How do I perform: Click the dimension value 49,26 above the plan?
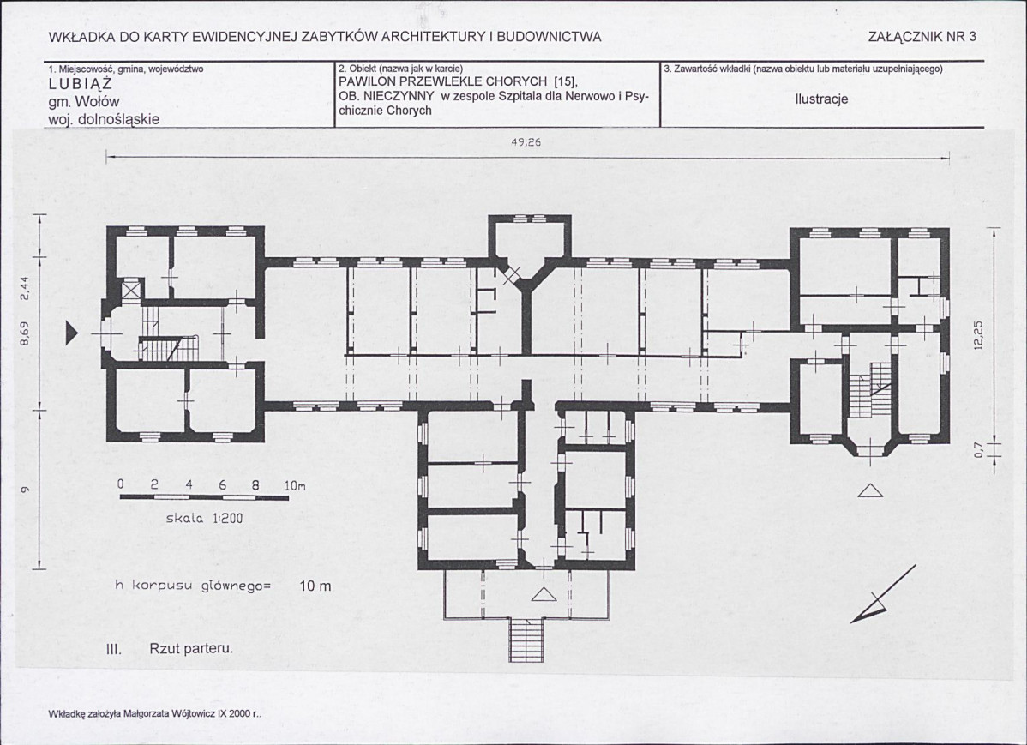526,141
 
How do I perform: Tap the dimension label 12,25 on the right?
978,338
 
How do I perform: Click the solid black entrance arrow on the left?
71,335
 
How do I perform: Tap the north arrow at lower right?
883,594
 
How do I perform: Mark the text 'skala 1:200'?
204,519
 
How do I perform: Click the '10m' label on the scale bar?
295,486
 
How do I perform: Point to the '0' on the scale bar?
121,485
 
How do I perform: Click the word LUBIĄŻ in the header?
81,85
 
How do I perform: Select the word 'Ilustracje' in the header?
821,99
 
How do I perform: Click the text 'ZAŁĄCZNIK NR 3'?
922,37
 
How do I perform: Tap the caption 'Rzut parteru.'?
191,649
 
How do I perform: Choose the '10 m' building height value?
315,586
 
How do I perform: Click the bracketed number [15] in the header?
565,82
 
